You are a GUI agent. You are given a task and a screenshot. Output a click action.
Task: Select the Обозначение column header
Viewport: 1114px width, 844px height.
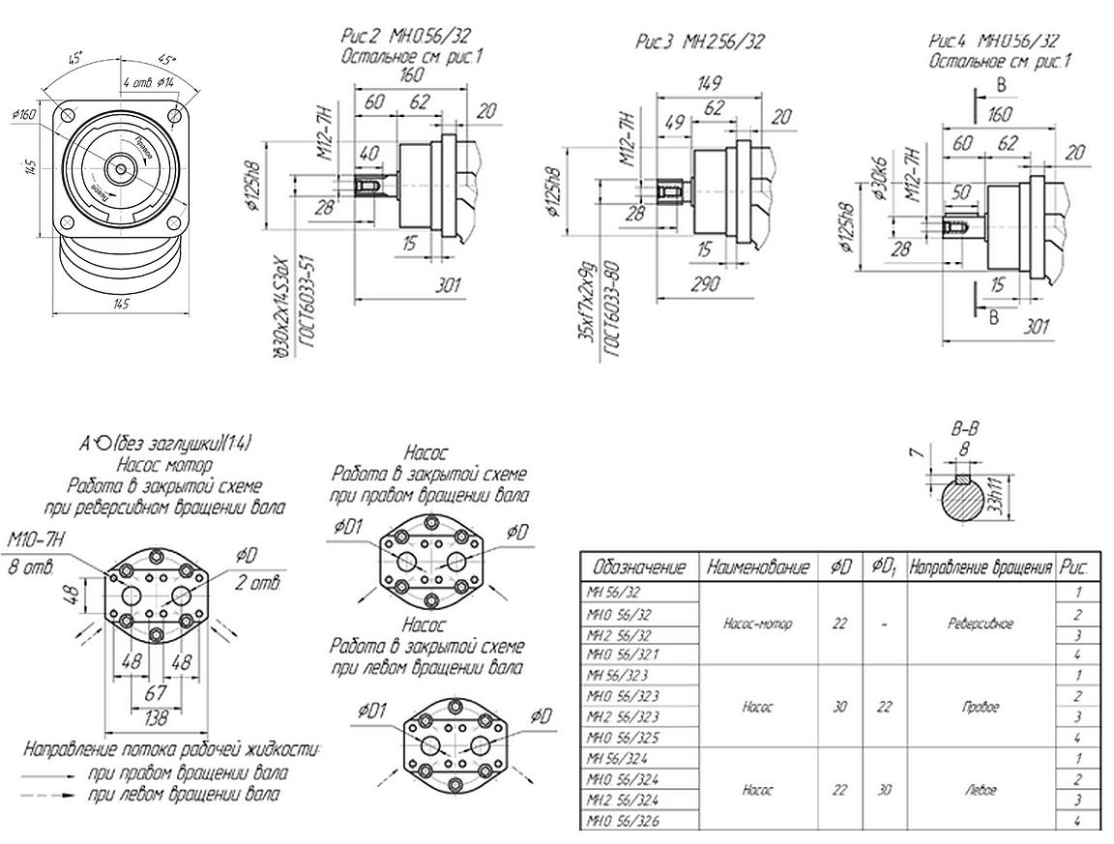[639, 567]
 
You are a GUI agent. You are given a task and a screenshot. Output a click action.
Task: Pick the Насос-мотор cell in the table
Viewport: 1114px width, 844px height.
[757, 624]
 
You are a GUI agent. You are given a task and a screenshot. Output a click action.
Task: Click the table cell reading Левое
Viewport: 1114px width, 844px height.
[982, 790]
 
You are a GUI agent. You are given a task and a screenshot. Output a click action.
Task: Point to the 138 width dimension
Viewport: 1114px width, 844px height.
[155, 719]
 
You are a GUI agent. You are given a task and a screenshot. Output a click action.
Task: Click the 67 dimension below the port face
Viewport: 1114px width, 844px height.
[156, 695]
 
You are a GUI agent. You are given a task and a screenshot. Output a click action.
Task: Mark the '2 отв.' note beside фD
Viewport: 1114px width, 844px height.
[257, 583]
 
